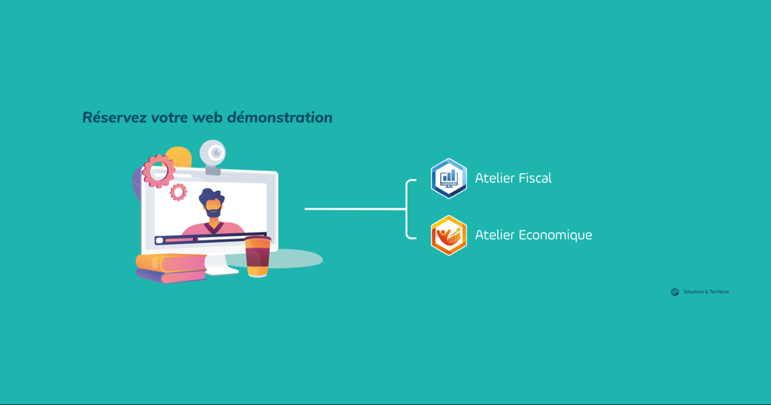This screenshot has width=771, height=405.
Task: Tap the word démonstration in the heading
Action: [x=279, y=118]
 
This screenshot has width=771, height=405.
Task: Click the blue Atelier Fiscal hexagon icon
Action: [x=449, y=179]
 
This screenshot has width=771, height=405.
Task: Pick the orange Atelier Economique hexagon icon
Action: [x=449, y=235]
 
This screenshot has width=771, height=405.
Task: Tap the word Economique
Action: [x=555, y=235]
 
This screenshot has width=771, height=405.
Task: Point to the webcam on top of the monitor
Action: [x=213, y=156]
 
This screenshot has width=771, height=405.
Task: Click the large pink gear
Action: [x=159, y=171]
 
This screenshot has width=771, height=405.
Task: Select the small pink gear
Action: [x=179, y=192]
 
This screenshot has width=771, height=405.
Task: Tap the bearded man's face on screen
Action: [x=213, y=206]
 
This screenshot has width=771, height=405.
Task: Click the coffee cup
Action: [x=258, y=256]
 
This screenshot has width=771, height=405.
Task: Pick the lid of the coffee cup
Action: [x=258, y=239]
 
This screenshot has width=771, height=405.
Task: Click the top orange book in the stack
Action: [x=171, y=263]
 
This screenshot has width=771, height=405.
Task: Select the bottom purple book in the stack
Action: [x=171, y=276]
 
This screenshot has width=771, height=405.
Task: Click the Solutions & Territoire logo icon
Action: [x=675, y=292]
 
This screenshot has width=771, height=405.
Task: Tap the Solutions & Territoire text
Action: [x=706, y=292]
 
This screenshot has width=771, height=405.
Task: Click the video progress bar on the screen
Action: [x=211, y=239]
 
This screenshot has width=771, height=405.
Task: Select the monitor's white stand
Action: [x=220, y=265]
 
